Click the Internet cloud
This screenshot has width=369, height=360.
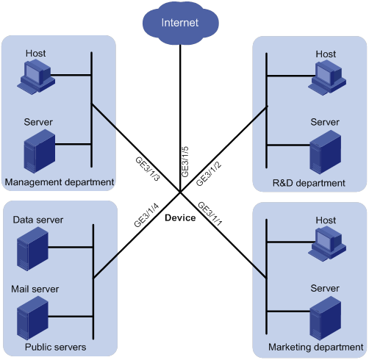coord(181,24)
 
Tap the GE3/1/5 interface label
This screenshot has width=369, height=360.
coord(185,162)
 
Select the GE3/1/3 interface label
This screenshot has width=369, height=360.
coord(148,169)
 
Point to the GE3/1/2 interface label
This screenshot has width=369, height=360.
coord(209,173)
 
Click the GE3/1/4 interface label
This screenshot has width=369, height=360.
coord(146,215)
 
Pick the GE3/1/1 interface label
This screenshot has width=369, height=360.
coord(210,214)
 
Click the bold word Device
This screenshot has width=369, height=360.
coord(180,217)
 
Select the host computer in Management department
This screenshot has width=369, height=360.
coord(36,76)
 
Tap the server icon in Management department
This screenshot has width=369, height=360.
coord(40,151)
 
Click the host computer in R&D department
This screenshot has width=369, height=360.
coord(327,78)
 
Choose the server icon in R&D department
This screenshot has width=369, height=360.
coord(326,152)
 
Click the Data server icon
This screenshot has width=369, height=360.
coord(32,248)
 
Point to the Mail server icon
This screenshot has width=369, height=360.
coord(32,318)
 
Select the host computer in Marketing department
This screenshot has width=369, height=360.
coord(327,244)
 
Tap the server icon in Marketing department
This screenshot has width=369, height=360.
coord(326,318)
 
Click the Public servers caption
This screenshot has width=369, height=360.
coord(56,347)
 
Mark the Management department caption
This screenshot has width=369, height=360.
coord(60,182)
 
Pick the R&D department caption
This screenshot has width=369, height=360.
coord(309,183)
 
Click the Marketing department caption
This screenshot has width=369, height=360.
coord(316,348)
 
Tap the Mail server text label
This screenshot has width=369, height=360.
coord(35,289)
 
